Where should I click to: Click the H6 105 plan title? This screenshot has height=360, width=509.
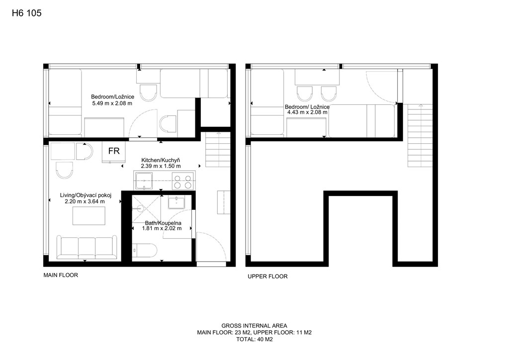pyautogui.click(x=27, y=13)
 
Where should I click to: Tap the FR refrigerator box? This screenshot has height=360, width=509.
pyautogui.click(x=114, y=151)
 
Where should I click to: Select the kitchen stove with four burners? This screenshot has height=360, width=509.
pyautogui.click(x=183, y=181)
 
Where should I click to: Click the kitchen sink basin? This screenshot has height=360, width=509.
pyautogui.click(x=144, y=181)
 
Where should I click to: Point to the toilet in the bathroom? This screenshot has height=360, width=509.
pyautogui.click(x=145, y=251)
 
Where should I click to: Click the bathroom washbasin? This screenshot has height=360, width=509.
pyautogui.click(x=176, y=203)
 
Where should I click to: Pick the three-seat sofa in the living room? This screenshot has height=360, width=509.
pyautogui.click(x=87, y=247)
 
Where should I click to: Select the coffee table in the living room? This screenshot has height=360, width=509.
pyautogui.click(x=88, y=216)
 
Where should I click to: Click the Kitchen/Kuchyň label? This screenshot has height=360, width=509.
pyautogui.click(x=161, y=160)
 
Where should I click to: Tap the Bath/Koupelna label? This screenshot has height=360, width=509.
pyautogui.click(x=163, y=223)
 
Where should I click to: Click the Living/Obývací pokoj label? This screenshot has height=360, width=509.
pyautogui.click(x=85, y=195)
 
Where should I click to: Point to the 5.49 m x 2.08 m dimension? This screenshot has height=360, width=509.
pyautogui.click(x=112, y=103)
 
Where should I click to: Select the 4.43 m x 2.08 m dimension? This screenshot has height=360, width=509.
pyautogui.click(x=307, y=112)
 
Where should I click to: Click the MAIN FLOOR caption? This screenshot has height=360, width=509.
pyautogui.click(x=61, y=275)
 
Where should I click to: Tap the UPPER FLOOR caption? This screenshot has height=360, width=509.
pyautogui.click(x=267, y=276)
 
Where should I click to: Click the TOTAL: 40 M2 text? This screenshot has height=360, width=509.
pyautogui.click(x=254, y=340)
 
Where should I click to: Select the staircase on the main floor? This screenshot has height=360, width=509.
pyautogui.click(x=218, y=150)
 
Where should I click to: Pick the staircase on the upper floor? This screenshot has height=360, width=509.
pyautogui.click(x=420, y=135)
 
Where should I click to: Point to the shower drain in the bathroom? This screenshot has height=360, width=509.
pyautogui.click(x=140, y=208)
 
